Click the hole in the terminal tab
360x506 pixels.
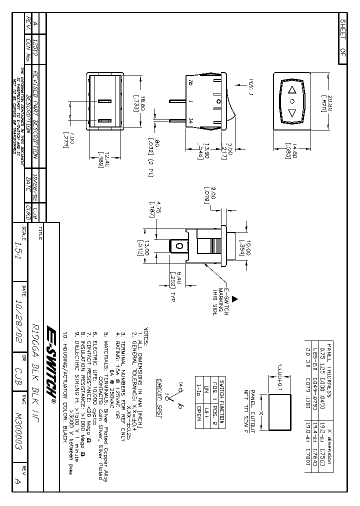click(x=177, y=246)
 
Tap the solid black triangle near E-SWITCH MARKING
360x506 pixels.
click(x=235, y=298)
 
